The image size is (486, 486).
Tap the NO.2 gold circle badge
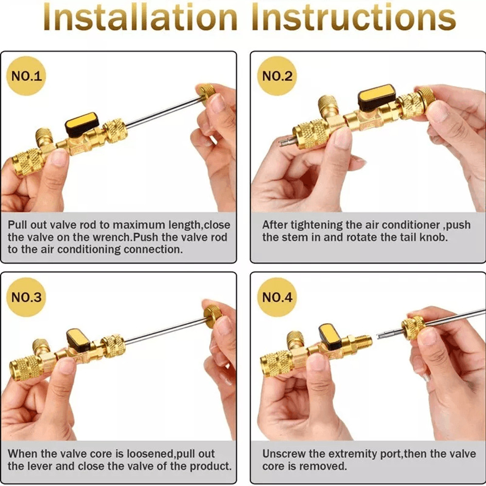coord(277,76)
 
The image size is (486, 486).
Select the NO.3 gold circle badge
coord(27,297)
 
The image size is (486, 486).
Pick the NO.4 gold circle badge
coord(277,297)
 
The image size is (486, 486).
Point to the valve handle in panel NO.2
coord(377,94)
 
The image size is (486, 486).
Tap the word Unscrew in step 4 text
coord(284,454)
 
